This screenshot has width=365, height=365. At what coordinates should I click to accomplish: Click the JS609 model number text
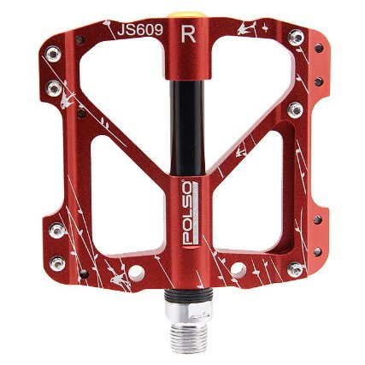(x=140, y=30)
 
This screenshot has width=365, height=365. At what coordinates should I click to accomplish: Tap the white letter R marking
(x=188, y=33)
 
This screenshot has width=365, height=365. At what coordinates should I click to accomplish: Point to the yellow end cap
(x=187, y=15)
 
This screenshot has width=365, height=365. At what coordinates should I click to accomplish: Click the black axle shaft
(x=187, y=127)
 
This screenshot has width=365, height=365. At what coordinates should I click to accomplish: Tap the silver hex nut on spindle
(x=189, y=309)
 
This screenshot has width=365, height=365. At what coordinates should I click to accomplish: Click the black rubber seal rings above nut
(x=189, y=295)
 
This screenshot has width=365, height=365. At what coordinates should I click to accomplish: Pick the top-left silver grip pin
(x=53, y=54)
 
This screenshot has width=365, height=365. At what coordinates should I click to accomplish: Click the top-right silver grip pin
(x=296, y=37)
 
